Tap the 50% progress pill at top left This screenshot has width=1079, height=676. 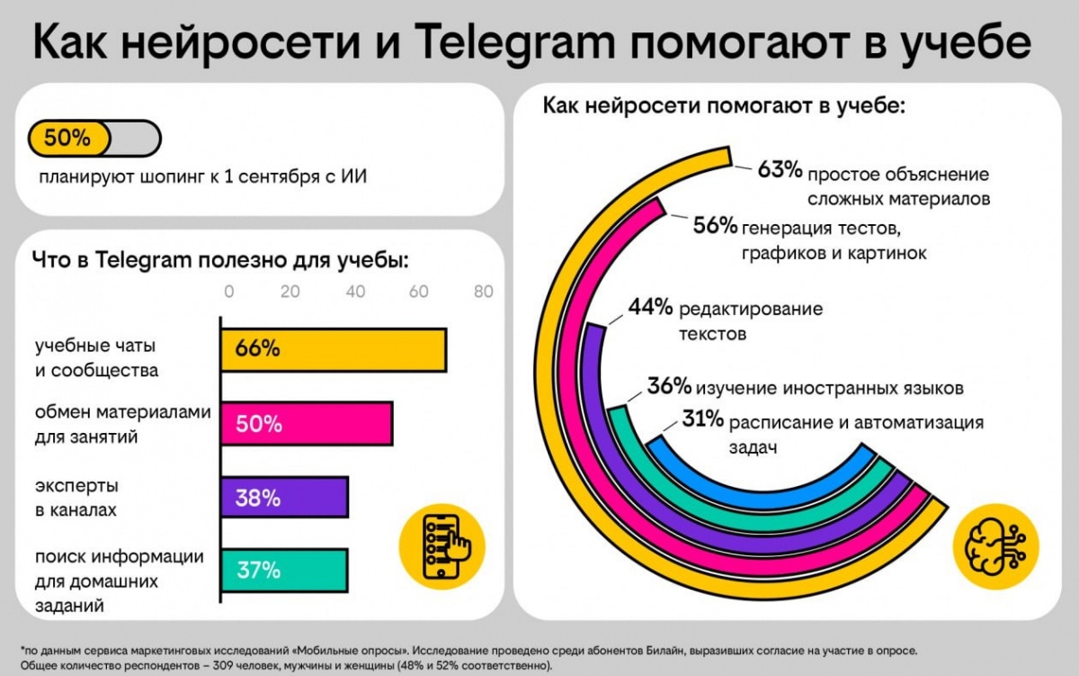coord(94,138)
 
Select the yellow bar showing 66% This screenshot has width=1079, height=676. coord(334,349)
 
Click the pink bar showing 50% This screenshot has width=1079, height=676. coord(307,423)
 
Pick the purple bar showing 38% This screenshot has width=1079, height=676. coord(284,497)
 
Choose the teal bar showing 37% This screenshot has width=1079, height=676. coord(284,570)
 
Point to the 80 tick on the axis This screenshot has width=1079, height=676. coord(484,292)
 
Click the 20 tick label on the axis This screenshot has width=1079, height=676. coord(290,292)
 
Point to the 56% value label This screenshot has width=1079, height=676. coord(715,225)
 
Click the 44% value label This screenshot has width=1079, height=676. coord(650,308)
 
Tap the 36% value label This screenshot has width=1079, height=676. coord(669,387)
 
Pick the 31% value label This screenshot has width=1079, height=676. coord(701,419)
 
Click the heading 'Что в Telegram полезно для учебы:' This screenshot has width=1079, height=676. coord(220,260)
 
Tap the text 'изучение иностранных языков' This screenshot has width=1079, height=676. coord(830,388)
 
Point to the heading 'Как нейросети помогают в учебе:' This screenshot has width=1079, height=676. coord(727,105)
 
